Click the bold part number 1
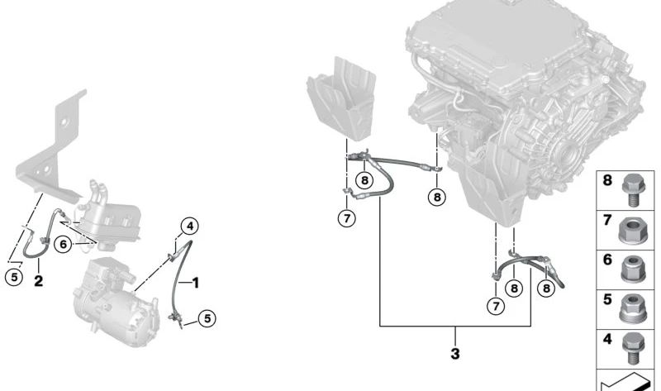pos(196,283)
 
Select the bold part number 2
pos(38,281)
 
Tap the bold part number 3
pos(454,355)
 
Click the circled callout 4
pos(189,225)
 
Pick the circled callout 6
pos(63,243)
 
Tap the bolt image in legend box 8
pos(635,188)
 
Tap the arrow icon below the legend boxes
pos(628,381)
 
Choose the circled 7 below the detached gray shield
pos(345,218)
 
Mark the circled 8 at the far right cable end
pos(546,287)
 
